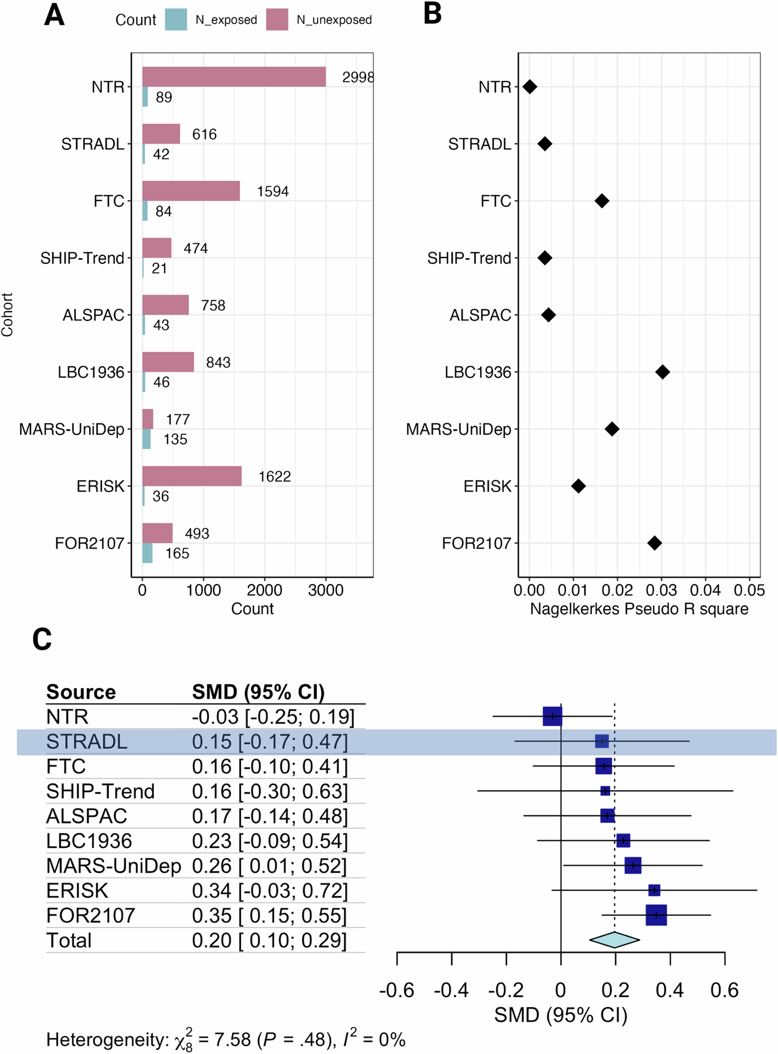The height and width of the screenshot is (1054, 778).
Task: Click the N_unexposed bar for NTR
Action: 233,77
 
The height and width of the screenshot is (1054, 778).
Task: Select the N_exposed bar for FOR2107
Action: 147,553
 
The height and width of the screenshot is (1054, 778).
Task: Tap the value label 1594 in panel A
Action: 273,191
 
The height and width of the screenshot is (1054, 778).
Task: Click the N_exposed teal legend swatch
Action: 176,20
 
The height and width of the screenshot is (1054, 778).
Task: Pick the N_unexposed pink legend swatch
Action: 277,20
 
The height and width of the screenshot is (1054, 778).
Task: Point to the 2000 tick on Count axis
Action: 265,590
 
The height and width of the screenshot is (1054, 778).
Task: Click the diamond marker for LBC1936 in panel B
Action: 663,372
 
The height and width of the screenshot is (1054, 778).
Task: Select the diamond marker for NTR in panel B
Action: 530,87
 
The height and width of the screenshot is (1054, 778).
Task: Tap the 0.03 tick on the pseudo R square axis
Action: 662,590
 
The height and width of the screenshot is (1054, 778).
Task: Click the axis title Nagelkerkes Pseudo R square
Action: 639,609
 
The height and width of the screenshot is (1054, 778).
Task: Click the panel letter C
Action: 42,639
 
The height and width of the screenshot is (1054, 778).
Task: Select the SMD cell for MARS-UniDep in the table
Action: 269,866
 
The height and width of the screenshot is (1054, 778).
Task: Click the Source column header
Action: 81,692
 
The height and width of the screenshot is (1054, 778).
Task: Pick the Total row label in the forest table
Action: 69,941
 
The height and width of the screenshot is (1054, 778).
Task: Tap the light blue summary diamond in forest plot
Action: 614,940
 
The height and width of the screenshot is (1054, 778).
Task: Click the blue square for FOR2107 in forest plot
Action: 656,915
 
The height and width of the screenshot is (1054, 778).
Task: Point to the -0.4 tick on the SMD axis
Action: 451,991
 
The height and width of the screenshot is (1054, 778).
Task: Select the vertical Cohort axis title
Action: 7,314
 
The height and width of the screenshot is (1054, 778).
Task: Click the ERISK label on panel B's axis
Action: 487,487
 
